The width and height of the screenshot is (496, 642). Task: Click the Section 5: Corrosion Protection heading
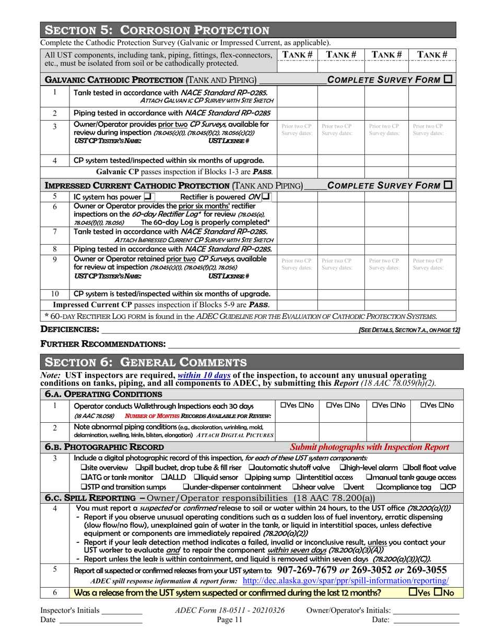tap(157, 29)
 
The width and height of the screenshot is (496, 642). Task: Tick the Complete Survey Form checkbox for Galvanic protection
tap(448, 80)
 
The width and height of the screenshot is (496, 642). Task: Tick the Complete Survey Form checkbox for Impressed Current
tap(448, 185)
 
